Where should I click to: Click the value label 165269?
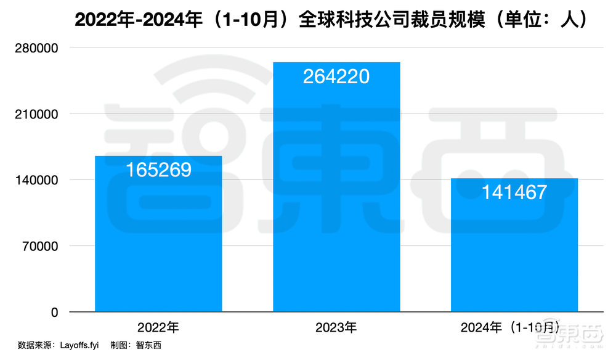158,170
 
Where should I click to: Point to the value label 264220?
336,76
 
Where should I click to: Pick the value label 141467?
514,192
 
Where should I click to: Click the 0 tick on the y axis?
54,313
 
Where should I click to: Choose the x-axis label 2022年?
158,326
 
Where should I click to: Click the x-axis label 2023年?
336,326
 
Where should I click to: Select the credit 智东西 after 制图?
148,345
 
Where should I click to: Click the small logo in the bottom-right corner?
567,337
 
